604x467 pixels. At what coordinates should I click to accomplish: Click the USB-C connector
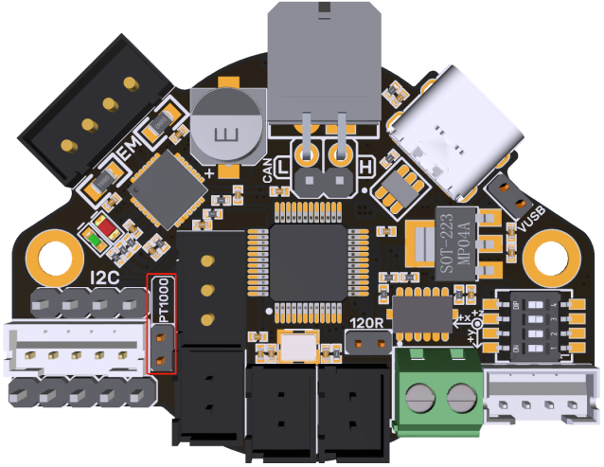(x=453, y=133)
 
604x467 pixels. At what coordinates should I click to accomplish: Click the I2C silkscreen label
(x=104, y=278)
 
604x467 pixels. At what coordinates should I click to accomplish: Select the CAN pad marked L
(x=307, y=152)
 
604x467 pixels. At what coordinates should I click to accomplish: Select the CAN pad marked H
(x=342, y=152)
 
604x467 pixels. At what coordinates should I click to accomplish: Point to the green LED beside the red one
(x=96, y=237)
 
